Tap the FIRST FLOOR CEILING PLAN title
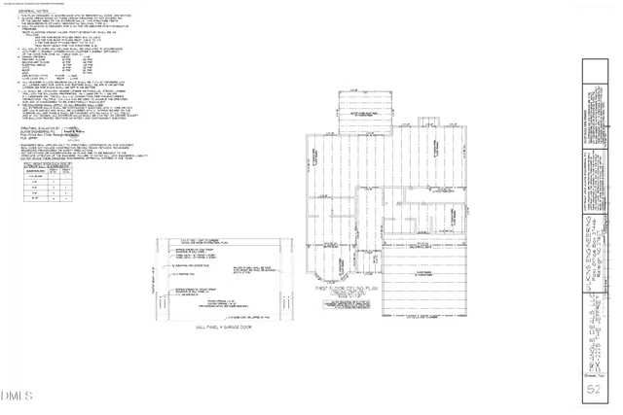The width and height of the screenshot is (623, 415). tap(346, 290)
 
